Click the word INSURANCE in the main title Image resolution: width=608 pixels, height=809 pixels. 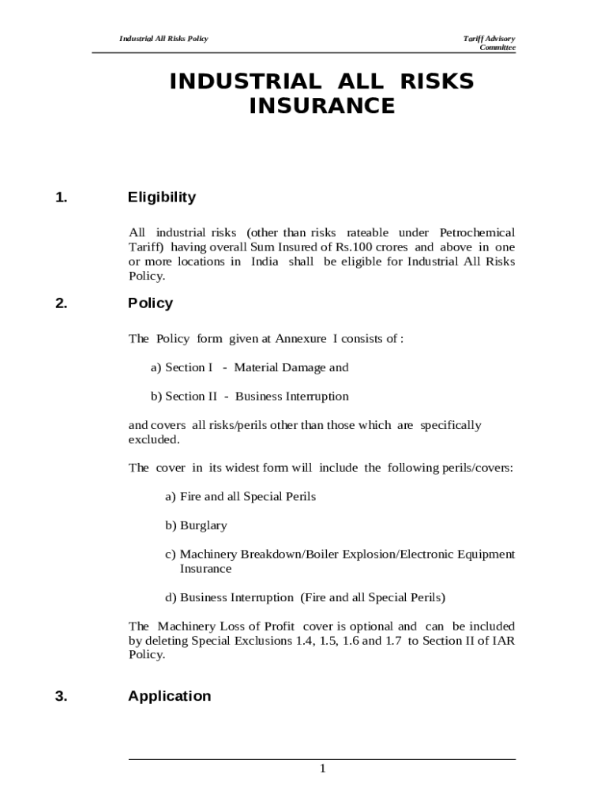(x=321, y=106)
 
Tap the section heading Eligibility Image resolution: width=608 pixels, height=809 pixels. (x=162, y=198)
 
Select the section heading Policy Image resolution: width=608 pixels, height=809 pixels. (x=150, y=303)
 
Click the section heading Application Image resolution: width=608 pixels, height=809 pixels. (x=169, y=696)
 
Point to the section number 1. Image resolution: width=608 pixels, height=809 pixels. (x=62, y=198)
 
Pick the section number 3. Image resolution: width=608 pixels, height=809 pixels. (x=62, y=696)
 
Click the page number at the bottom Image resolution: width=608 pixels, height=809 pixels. (x=322, y=769)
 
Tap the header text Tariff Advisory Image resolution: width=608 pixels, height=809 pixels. (x=489, y=39)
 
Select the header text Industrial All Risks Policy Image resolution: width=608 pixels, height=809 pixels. (x=163, y=39)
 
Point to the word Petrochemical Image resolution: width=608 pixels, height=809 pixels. (x=477, y=232)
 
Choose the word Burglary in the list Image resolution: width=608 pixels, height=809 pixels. (x=203, y=525)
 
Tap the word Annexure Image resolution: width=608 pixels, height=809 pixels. (x=301, y=339)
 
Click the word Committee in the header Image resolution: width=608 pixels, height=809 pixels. (x=497, y=47)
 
